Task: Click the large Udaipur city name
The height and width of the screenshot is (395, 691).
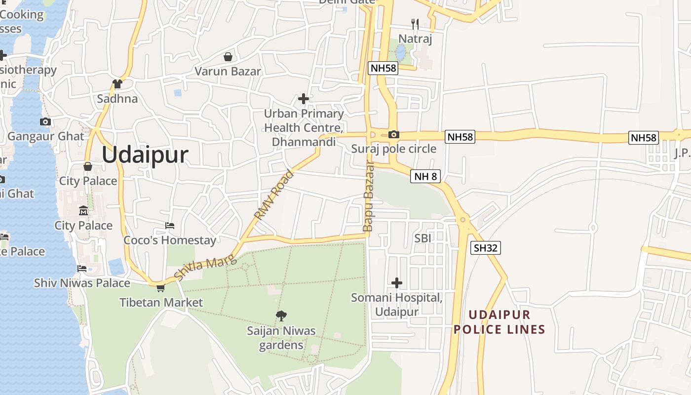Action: [145, 155]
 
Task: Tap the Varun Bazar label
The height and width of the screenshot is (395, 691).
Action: [228, 71]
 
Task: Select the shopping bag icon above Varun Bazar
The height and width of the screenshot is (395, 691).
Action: [228, 57]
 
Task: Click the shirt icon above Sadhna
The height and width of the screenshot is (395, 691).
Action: [117, 84]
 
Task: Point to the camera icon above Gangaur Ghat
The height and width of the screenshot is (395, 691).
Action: [45, 121]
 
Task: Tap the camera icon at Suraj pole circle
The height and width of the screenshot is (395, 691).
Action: [393, 134]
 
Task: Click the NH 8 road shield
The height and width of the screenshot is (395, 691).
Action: [425, 176]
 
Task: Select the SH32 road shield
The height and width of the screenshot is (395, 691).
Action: [486, 248]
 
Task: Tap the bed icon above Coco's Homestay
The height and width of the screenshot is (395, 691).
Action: [170, 226]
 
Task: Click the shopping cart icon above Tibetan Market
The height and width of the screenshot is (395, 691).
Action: [160, 288]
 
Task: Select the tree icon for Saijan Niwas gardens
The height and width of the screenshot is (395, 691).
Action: [281, 316]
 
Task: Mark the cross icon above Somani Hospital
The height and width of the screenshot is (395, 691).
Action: [396, 283]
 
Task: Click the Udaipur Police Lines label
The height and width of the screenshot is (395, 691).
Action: [499, 322]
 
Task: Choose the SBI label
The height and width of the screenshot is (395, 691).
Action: [423, 238]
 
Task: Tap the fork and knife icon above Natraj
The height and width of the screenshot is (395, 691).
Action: [415, 24]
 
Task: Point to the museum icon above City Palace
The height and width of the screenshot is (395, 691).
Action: [83, 211]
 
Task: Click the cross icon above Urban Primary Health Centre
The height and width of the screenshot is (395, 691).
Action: [304, 99]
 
